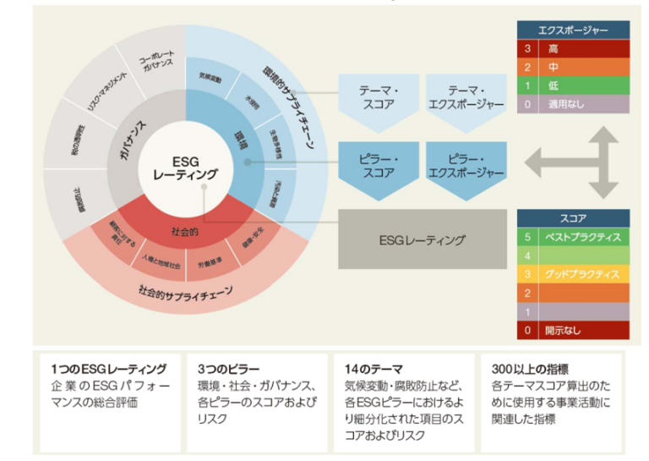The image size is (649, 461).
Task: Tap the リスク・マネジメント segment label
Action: (x=95, y=88)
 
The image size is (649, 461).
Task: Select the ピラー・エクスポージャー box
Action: (x=465, y=166)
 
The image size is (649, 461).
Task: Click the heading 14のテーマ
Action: (x=373, y=369)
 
